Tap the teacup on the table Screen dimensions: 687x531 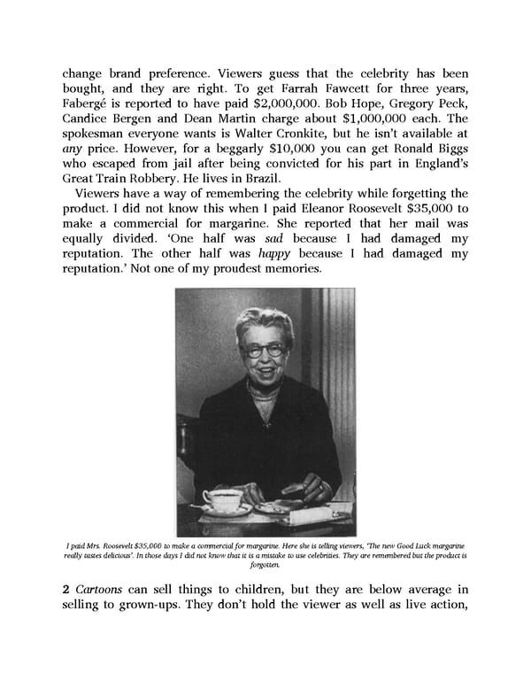tap(222, 499)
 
